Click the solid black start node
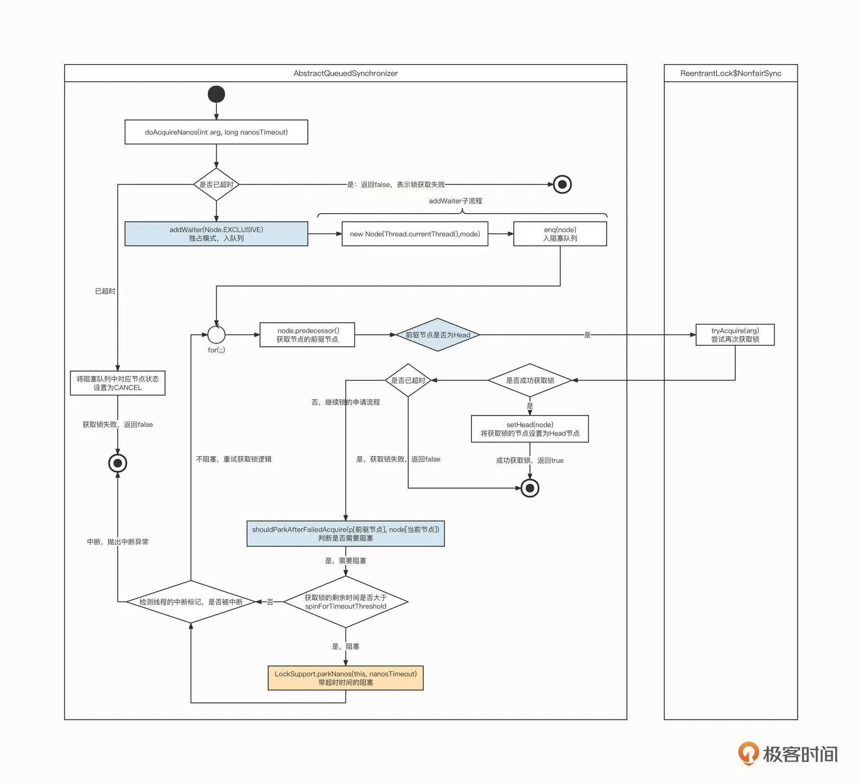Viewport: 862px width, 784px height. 216,94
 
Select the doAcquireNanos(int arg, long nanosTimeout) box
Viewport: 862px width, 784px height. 216,132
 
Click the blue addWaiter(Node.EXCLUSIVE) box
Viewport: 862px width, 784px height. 216,234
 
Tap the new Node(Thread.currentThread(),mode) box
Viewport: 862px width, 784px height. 414,234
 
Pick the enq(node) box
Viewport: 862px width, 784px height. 560,234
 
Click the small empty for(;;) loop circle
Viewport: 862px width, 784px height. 216,335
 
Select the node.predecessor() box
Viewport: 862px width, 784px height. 307,335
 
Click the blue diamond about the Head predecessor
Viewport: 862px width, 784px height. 438,335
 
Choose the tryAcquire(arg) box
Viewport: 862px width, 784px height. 735,335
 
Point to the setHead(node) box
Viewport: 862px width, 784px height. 530,429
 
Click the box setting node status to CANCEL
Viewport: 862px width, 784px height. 118,383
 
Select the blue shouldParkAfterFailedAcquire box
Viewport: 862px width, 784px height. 345,534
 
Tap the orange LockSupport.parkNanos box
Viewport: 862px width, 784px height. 345,678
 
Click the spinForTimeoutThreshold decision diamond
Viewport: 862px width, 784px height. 345,602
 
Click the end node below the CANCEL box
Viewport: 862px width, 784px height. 118,463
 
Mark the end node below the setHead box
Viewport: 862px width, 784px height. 530,488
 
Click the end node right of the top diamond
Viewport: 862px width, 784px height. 562,184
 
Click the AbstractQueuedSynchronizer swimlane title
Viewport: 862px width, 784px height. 345,73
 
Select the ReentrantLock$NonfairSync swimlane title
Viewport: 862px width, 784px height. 730,73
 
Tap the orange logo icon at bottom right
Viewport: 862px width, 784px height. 748,753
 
